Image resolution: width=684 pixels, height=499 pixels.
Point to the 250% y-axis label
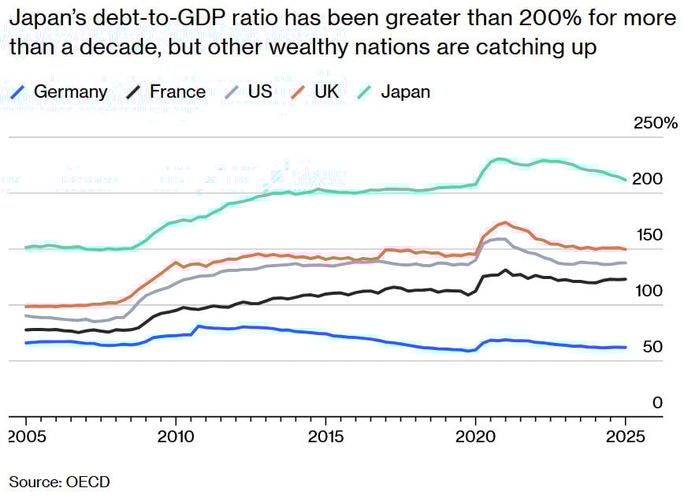point(655,123)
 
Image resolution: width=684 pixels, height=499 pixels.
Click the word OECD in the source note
point(89,481)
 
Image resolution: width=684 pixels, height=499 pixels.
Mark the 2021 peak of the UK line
point(505,222)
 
